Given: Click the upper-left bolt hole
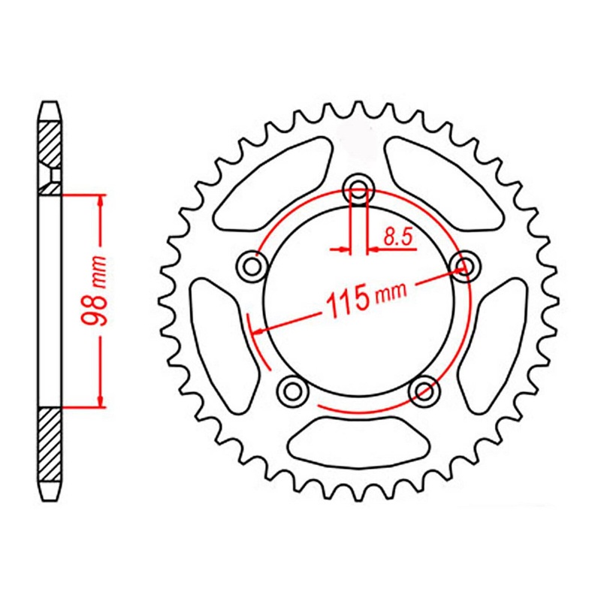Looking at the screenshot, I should (x=250, y=264).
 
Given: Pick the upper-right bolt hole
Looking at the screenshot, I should (x=466, y=264).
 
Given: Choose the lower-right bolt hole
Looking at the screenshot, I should (x=425, y=389).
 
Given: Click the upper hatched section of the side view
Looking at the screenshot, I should (x=49, y=146).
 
